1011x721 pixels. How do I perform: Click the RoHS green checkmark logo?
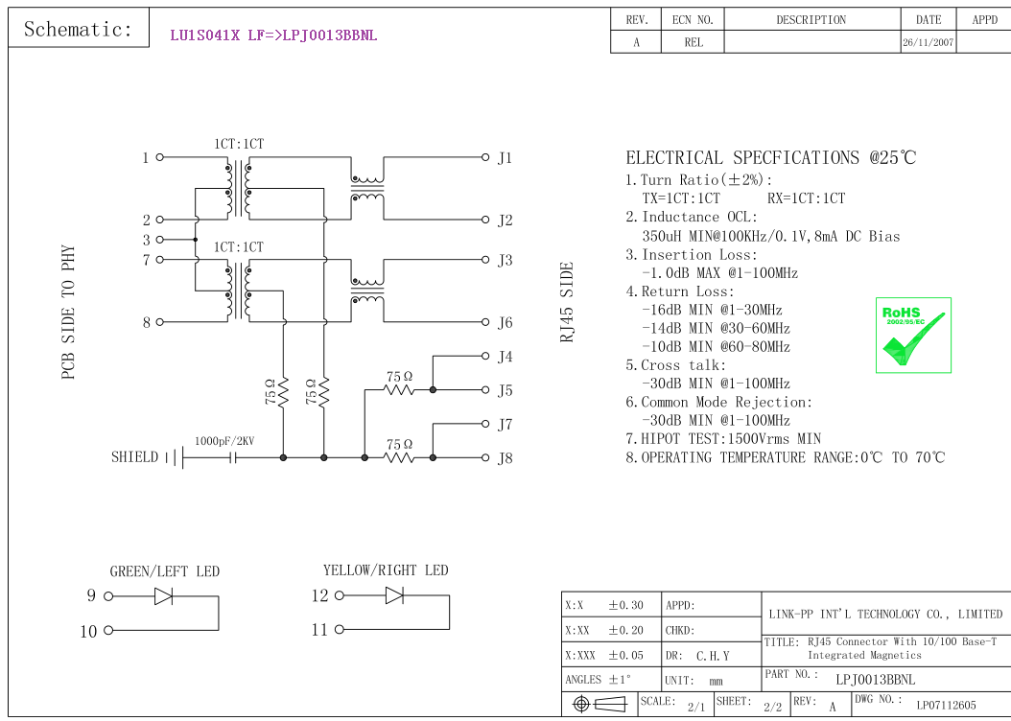[x=913, y=335]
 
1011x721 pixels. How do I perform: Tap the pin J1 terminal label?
[x=505, y=158]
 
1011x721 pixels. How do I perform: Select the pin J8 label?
[x=505, y=458]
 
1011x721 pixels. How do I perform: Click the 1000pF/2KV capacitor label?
[x=225, y=441]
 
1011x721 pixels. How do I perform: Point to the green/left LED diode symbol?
[x=163, y=596]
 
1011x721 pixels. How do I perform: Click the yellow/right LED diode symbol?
[x=394, y=595]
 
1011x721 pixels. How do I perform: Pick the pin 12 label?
[x=319, y=595]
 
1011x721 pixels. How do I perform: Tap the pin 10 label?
[x=88, y=631]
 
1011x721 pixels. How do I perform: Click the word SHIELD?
[x=134, y=457]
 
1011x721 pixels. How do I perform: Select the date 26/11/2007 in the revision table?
[x=928, y=43]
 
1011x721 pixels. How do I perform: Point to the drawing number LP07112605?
[x=946, y=706]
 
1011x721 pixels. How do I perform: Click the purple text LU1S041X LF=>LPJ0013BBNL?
[x=273, y=35]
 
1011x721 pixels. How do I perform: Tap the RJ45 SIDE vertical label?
[x=567, y=302]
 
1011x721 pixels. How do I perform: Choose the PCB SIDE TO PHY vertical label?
[x=69, y=313]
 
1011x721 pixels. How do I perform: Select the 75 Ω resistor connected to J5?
[x=399, y=389]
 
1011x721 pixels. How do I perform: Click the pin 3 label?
[x=147, y=241]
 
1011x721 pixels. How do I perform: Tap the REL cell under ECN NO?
[x=694, y=43]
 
